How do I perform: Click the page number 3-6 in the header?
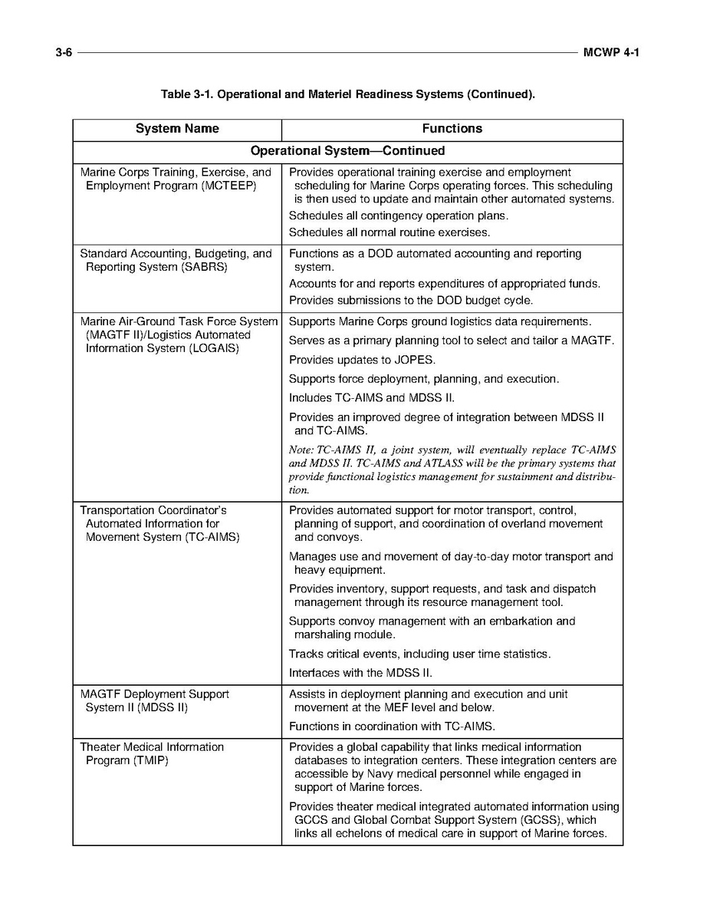63,52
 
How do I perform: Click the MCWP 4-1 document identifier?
610,52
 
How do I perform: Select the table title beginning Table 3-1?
347,94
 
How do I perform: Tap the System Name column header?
177,129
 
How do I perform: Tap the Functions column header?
452,129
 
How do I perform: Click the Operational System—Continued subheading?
347,151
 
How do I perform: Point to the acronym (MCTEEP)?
228,186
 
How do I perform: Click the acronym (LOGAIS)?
210,348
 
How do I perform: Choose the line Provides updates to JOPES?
362,360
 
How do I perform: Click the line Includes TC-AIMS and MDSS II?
372,398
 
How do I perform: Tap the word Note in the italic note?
301,450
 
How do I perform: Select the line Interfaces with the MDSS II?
360,673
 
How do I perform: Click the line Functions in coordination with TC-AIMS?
392,726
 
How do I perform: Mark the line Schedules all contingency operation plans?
398,216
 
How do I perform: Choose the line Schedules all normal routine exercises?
389,232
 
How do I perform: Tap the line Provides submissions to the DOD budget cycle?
410,300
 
